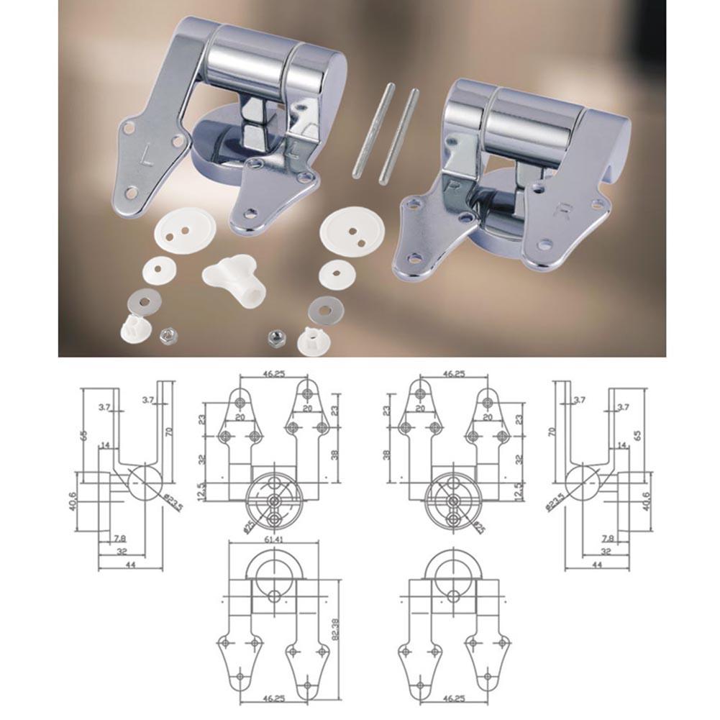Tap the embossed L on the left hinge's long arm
(149, 154)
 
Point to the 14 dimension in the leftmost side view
(105, 446)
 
